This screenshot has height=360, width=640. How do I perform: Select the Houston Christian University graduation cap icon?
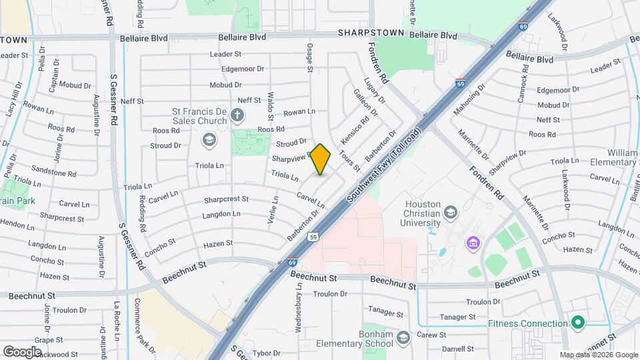point(451,213)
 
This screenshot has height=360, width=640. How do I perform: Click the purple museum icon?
point(473,241)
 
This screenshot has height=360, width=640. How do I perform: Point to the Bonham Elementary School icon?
point(402,339)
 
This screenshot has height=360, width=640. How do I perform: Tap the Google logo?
point(22,351)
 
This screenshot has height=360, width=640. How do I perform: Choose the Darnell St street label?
point(457,348)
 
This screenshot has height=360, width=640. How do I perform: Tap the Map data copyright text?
point(598,355)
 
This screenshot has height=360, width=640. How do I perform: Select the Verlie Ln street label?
point(273,209)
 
